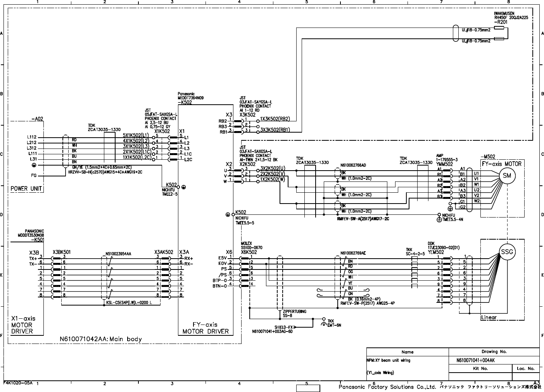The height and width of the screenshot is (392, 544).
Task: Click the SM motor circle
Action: [506, 175]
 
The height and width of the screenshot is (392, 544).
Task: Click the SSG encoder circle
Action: [507, 252]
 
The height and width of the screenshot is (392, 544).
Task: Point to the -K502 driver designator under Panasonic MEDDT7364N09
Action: [185, 102]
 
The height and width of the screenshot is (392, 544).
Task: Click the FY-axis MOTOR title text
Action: [502, 164]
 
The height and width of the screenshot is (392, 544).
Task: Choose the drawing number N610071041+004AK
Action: [475, 360]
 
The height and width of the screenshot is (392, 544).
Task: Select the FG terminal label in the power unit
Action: [34, 176]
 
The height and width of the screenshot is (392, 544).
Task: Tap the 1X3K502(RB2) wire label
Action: [275, 119]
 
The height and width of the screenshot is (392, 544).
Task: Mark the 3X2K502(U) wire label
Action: [272, 168]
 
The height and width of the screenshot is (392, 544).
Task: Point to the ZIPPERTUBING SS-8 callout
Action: [295, 313]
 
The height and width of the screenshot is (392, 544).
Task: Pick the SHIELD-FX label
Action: [284, 327]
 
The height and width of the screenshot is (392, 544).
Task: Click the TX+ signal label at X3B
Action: [33, 258]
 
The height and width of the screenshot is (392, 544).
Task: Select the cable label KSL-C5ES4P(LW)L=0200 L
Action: [129, 302]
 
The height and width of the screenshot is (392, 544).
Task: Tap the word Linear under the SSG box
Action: [489, 318]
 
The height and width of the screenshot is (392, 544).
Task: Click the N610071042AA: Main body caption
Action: [100, 339]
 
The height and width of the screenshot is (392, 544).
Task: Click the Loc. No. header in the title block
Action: [525, 368]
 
